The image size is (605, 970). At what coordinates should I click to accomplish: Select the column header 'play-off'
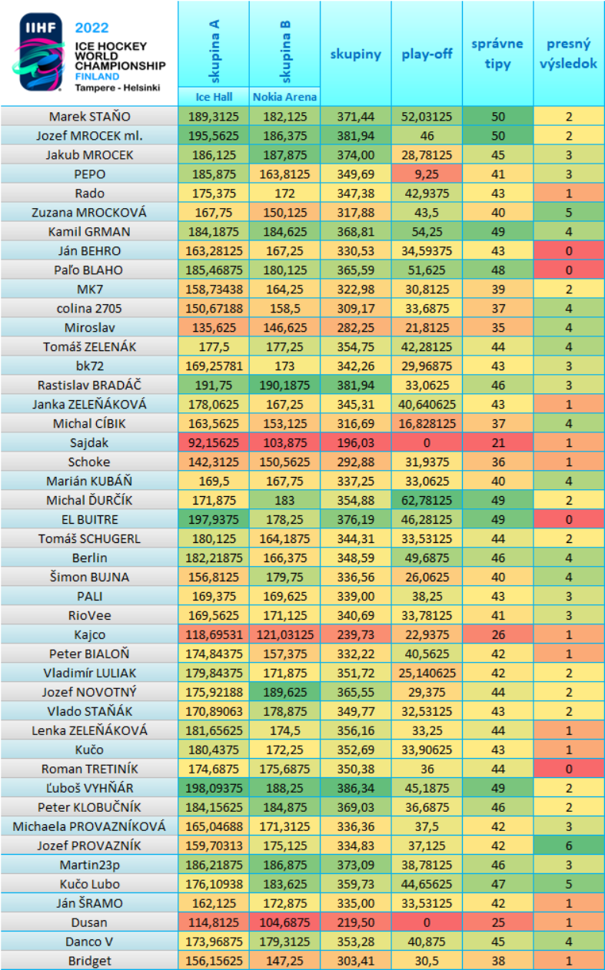[427, 54]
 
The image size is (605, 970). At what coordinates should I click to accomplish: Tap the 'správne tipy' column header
[497, 54]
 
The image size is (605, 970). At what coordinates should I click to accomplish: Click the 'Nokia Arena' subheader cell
[285, 98]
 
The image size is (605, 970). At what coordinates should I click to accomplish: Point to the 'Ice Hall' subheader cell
[214, 98]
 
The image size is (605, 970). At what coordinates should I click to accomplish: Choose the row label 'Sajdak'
[89, 442]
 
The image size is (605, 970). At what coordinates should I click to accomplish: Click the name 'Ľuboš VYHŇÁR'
[89, 788]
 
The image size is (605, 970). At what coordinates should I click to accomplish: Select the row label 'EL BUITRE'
[89, 519]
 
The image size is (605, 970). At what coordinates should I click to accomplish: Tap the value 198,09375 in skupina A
[214, 788]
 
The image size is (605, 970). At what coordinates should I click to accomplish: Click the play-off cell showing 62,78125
[427, 500]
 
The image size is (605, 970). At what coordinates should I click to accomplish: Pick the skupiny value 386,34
[356, 788]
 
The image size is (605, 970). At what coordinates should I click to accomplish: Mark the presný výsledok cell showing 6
[569, 846]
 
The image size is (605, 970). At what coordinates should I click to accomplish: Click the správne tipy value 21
[497, 442]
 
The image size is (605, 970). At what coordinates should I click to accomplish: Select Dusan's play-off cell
[427, 922]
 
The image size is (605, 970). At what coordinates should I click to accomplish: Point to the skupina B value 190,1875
[285, 385]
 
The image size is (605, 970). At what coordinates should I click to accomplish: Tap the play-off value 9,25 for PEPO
[427, 174]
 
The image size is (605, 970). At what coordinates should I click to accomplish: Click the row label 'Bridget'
[89, 961]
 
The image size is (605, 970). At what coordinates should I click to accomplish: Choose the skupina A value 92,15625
[214, 442]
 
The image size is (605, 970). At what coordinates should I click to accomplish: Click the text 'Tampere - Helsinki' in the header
[117, 88]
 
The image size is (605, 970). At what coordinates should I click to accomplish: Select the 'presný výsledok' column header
[569, 54]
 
